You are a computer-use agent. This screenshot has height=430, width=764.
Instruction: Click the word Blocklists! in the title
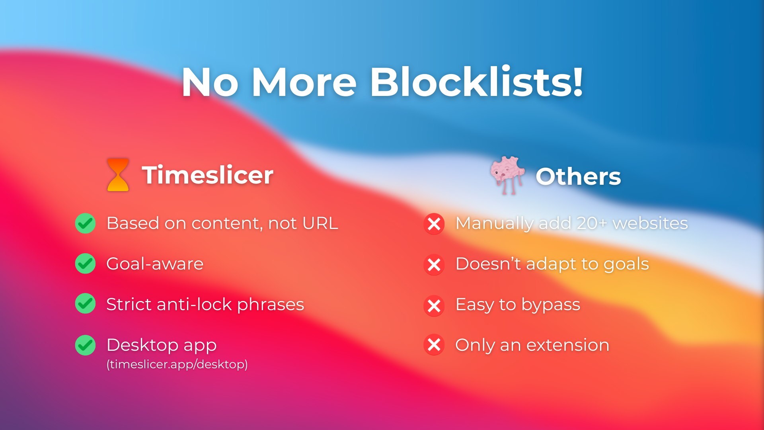point(477,82)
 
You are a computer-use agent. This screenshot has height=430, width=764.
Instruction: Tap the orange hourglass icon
point(118,175)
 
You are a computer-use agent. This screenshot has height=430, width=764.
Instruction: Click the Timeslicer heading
point(208,175)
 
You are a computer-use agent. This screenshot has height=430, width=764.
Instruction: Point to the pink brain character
point(507,175)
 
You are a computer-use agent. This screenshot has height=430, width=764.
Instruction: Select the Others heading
point(578,176)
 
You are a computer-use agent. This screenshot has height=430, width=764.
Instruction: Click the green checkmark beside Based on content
point(85,223)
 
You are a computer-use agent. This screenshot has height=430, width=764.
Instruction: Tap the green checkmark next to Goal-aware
point(85,264)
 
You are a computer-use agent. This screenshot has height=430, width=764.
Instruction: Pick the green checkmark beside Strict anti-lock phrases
point(85,304)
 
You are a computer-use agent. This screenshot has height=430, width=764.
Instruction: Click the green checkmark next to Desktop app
point(85,345)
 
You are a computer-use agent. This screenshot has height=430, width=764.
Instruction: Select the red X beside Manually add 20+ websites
point(434,224)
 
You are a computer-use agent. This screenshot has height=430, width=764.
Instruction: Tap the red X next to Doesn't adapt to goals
point(434,265)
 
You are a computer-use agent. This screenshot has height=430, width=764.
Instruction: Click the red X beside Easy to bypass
point(434,306)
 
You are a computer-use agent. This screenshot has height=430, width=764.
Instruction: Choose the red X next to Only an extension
point(434,345)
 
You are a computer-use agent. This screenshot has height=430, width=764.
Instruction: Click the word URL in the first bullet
point(320,223)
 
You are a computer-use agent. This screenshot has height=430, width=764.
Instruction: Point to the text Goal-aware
point(155,264)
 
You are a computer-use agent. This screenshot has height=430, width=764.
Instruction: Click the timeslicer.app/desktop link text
point(177,364)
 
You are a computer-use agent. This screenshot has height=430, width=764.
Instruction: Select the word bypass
point(551,305)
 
